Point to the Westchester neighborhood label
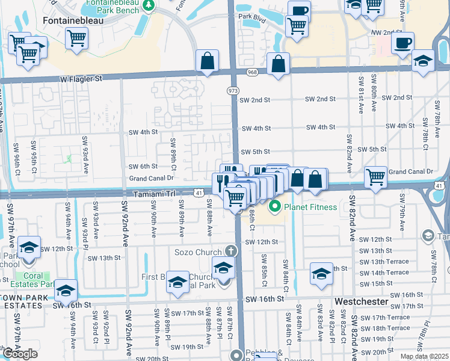(359, 300)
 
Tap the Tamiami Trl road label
(153, 193)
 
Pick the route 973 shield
(232, 90)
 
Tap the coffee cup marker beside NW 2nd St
(402, 43)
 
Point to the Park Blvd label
(251, 16)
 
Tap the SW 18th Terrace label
(391, 328)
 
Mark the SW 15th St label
(376, 283)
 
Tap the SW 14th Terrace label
(384, 273)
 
